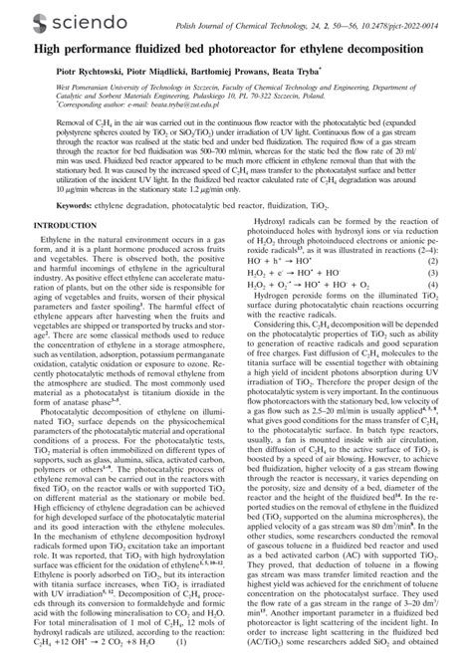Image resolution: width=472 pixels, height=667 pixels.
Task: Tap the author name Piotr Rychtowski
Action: [59, 72]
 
